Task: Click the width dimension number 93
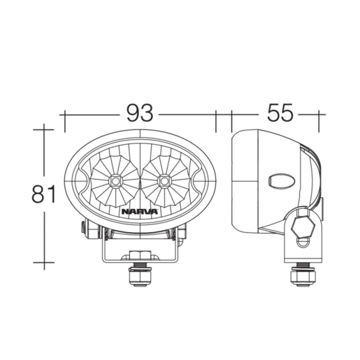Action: point(141,112)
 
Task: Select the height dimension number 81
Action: point(43,194)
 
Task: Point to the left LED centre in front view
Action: point(113,181)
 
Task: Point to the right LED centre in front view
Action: point(165,181)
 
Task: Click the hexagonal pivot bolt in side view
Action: point(303,226)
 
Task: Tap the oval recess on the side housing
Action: point(280,180)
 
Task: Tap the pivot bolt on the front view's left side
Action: point(83,228)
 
